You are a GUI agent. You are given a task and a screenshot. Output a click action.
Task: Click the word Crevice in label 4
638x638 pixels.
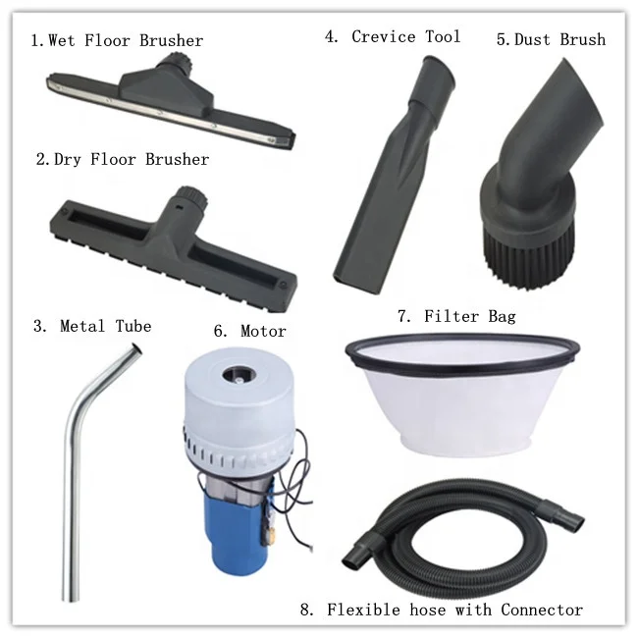pyautogui.click(x=384, y=36)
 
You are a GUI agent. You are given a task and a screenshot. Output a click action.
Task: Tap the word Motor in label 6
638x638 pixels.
pyautogui.click(x=263, y=331)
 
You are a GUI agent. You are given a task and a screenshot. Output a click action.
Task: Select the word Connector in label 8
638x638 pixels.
pyautogui.click(x=542, y=610)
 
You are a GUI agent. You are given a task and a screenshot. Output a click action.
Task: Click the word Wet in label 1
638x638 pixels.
pyautogui.click(x=62, y=40)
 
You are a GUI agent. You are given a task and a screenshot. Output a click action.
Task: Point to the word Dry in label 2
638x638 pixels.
pyautogui.click(x=67, y=159)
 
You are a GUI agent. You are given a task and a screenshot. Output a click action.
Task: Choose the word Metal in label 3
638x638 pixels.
pyautogui.click(x=82, y=326)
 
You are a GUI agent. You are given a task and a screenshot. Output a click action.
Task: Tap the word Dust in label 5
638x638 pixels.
pyautogui.click(x=532, y=39)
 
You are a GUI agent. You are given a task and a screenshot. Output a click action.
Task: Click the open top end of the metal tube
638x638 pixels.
pyautogui.click(x=136, y=349)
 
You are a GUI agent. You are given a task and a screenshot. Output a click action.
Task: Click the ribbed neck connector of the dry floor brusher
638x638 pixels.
pyautogui.click(x=190, y=197)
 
